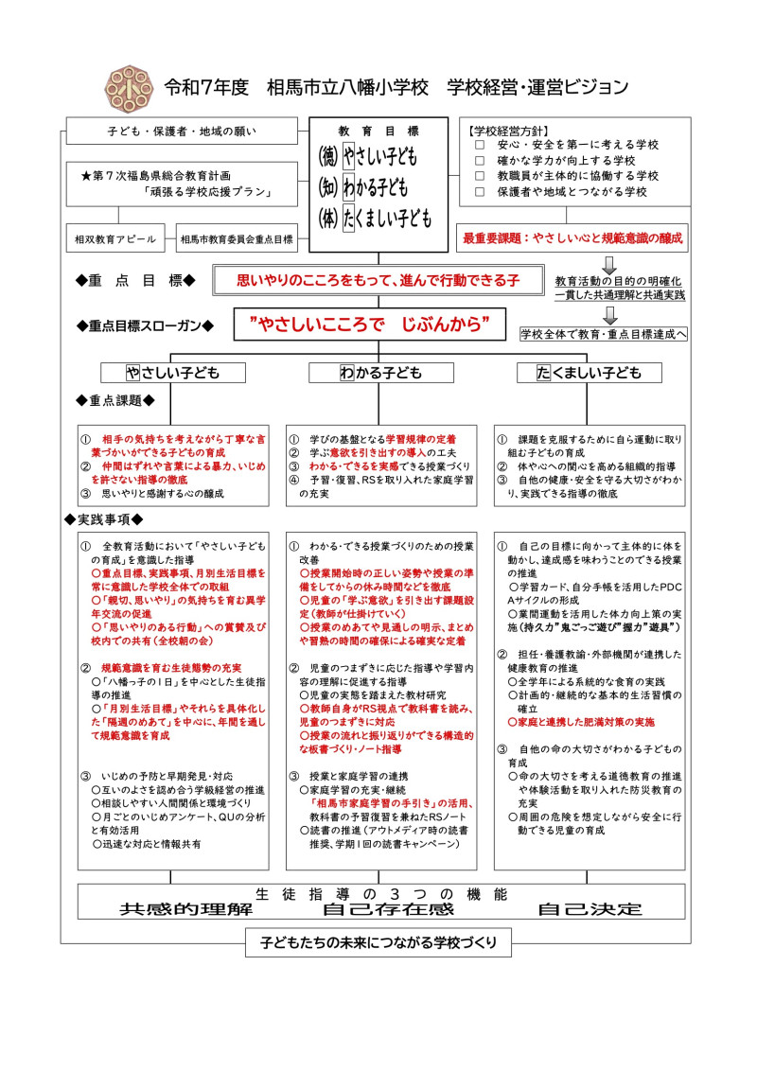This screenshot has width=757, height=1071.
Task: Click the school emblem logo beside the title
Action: [x=124, y=87]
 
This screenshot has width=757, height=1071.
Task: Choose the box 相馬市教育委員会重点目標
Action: [x=237, y=239]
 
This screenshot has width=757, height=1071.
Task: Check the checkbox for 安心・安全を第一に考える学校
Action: [x=480, y=145]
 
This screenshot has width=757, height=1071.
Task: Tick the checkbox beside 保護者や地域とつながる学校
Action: [x=480, y=191]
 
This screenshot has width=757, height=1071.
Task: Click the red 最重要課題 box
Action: [x=572, y=238]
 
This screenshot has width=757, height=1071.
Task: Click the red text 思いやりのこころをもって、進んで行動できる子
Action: [x=378, y=280]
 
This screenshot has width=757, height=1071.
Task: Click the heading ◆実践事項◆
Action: [x=103, y=519]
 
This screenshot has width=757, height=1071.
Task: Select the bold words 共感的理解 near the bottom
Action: [x=186, y=909]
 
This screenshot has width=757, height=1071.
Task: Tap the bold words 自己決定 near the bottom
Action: [x=590, y=909]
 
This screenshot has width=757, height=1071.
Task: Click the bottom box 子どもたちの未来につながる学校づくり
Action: [x=378, y=943]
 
